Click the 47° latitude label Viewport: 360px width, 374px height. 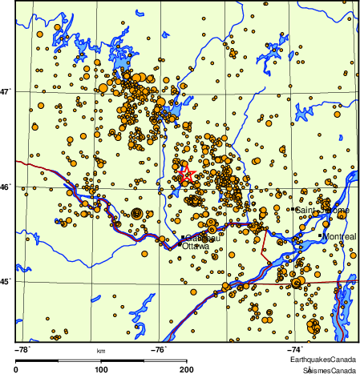pyautogui.click(x=6, y=91)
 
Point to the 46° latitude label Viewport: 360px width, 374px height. pyautogui.click(x=6, y=187)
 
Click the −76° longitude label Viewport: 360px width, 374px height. pyautogui.click(x=160, y=350)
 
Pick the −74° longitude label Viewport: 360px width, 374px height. pyautogui.click(x=295, y=350)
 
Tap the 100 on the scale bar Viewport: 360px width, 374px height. pyautogui.click(x=102, y=369)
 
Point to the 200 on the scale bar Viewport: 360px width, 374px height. pyautogui.click(x=186, y=369)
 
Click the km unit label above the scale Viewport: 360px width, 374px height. pyautogui.click(x=101, y=351)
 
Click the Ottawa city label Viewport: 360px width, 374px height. pyautogui.click(x=196, y=247)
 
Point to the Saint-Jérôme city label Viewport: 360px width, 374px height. pyautogui.click(x=322, y=210)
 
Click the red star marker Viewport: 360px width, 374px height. pyautogui.click(x=184, y=172)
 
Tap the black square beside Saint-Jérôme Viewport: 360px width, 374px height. pyautogui.click(x=293, y=210)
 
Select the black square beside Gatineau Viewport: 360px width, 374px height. pyautogui.click(x=184, y=238)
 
